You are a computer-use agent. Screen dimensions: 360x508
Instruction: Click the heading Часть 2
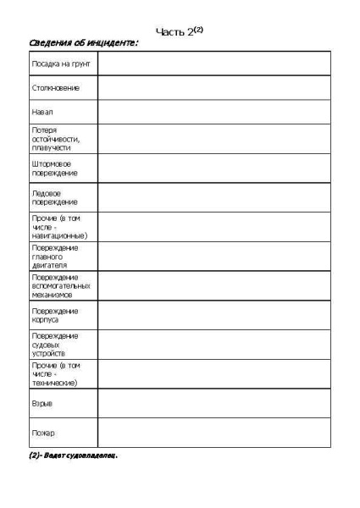click(x=180, y=31)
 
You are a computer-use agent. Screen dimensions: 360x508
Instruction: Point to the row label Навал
click(x=43, y=111)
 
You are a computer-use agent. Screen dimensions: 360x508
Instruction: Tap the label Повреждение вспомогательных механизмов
click(x=57, y=286)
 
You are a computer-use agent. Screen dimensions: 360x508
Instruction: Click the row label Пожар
click(x=43, y=433)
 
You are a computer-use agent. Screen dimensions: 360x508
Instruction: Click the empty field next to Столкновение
click(x=213, y=87)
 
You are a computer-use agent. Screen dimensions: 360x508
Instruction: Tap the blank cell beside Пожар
click(x=213, y=433)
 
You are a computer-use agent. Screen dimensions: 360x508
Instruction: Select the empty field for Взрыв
click(x=213, y=404)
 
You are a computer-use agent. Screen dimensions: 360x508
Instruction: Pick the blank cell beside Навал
click(x=213, y=111)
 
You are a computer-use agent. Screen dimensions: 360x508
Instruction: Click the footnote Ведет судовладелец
click(x=73, y=456)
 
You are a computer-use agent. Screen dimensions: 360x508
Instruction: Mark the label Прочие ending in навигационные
click(x=54, y=227)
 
